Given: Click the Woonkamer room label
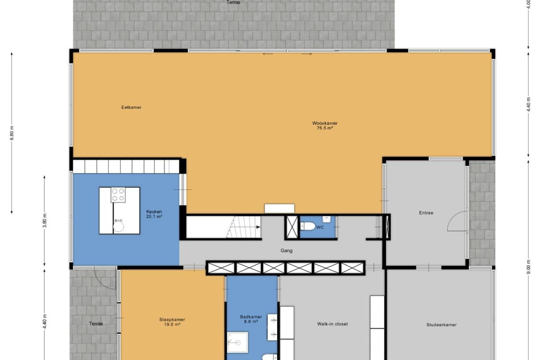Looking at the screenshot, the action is pyautogui.click(x=325, y=123).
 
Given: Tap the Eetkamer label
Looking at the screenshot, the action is pyautogui.click(x=131, y=108).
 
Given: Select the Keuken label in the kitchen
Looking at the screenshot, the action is pyautogui.click(x=154, y=212).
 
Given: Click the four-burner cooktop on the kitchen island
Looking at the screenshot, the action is pyautogui.click(x=118, y=195).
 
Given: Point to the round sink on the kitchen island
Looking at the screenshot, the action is pyautogui.click(x=119, y=226).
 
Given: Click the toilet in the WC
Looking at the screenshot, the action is pyautogui.click(x=308, y=226).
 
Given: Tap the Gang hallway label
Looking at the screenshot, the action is pyautogui.click(x=286, y=251).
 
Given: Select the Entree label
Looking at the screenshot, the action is pyautogui.click(x=426, y=213).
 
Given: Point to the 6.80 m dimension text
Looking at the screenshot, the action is pyautogui.click(x=12, y=133).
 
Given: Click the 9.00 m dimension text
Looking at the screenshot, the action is pyautogui.click(x=528, y=267).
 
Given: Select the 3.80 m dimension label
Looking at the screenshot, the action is pyautogui.click(x=45, y=221).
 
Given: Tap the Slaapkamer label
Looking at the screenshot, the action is pyautogui.click(x=172, y=320).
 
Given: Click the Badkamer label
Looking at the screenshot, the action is pyautogui.click(x=251, y=317).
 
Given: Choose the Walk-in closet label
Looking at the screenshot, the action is pyautogui.click(x=332, y=324).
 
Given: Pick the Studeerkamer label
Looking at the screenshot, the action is pyautogui.click(x=441, y=325).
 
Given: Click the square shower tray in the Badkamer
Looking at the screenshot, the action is pyautogui.click(x=237, y=342).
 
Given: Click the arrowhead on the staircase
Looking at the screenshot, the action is pyautogui.click(x=258, y=227).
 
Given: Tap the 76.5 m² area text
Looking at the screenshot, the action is pyautogui.click(x=325, y=128).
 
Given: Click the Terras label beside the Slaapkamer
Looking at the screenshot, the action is pyautogui.click(x=96, y=324).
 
